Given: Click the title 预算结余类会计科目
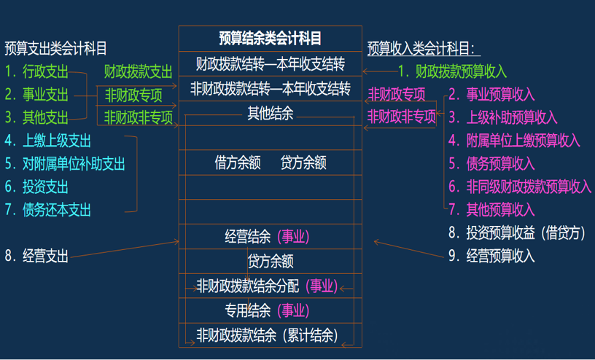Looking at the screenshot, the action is tap(271, 39).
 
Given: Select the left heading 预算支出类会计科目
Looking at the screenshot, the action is tap(55, 49).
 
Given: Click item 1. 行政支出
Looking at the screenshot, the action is tap(36, 71).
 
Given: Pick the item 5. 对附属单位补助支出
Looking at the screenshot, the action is tap(65, 164).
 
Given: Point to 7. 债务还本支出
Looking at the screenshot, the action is tap(48, 210).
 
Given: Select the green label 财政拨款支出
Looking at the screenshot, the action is tap(138, 71).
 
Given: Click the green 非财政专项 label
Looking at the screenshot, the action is tap(133, 95).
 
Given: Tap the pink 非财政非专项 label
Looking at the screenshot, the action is tap(402, 117).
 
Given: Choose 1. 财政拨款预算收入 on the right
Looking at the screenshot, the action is tap(452, 71).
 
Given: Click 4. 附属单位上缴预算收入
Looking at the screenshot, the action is tap(514, 141).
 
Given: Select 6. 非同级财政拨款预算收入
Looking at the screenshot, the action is tap(520, 187).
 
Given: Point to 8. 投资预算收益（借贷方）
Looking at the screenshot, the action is tap(517, 233).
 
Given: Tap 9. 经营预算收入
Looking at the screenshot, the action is tap(491, 256).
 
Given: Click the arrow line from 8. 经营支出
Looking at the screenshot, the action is tap(125, 249).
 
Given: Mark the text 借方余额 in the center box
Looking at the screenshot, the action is tap(238, 163).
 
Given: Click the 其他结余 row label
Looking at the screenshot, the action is tap(271, 113).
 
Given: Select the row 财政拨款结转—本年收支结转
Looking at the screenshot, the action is tap(271, 64).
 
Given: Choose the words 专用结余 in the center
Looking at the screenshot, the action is tap(247, 310).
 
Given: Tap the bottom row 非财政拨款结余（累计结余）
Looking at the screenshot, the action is tap(267, 335).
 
